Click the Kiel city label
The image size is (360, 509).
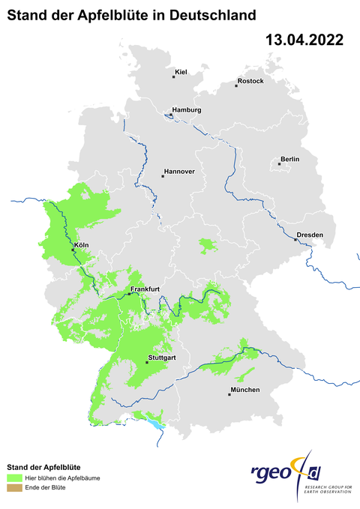181,72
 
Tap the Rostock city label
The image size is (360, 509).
250,81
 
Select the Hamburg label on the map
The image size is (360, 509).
187,110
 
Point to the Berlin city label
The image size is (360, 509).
289,159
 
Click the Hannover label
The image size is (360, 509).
179,172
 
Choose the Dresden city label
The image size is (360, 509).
310,235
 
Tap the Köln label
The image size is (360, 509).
82,245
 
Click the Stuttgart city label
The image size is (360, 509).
163,358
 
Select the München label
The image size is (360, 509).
245,390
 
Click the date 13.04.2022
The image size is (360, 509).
304,40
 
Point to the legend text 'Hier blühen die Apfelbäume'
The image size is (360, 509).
63,478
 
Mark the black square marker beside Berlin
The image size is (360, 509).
280,164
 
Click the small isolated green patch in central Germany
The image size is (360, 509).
206,244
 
